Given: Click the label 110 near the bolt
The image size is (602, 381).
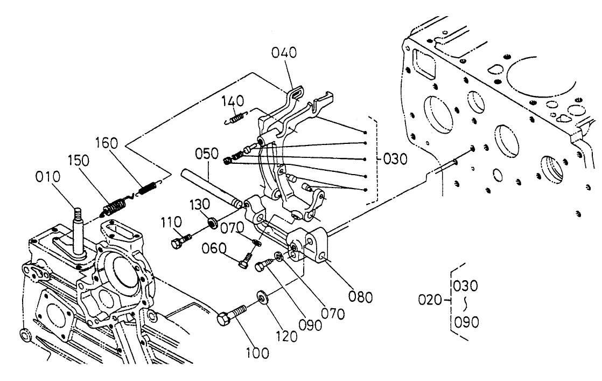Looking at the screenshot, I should (171, 221).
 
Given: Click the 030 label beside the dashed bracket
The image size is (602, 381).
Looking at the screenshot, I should (396, 160).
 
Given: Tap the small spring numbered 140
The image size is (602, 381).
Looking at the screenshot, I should (236, 116).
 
